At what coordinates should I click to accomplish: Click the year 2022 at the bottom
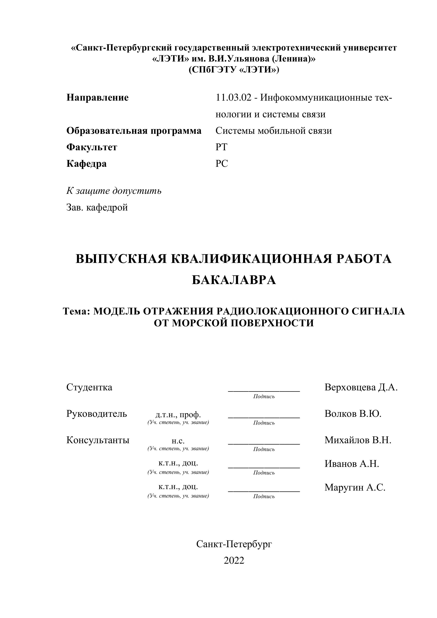(234, 561)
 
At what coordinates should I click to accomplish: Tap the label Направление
(97, 97)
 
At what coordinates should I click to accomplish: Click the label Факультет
(92, 147)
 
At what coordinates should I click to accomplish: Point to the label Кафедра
(86, 164)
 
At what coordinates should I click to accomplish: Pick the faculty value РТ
(221, 147)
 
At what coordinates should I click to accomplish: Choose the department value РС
(221, 164)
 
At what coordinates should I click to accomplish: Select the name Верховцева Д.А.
(361, 387)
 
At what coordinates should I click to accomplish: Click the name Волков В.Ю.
(353, 413)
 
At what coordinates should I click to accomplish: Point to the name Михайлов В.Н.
(358, 440)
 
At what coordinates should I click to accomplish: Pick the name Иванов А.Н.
(351, 463)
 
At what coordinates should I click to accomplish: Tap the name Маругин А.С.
(355, 487)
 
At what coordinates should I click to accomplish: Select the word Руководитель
(97, 413)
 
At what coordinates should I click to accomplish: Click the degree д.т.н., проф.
(178, 414)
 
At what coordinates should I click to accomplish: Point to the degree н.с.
(178, 441)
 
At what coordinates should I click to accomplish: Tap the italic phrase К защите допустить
(114, 191)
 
